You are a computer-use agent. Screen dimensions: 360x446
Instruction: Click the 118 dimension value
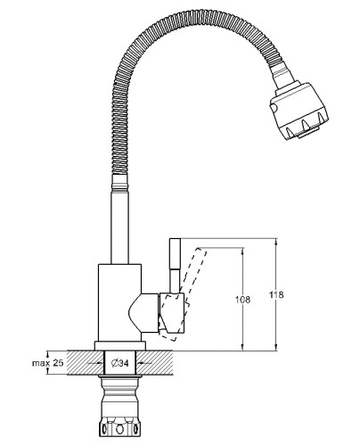(x=276, y=294)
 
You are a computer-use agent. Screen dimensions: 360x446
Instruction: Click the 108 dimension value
(x=242, y=300)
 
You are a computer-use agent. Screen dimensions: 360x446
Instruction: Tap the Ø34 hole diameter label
(x=119, y=363)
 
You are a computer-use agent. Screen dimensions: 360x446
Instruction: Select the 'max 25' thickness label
(x=48, y=363)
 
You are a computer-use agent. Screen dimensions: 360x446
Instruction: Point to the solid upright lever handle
(x=175, y=266)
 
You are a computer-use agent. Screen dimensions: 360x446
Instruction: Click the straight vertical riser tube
(x=120, y=226)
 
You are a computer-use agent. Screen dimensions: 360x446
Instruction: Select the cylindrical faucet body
(x=119, y=302)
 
